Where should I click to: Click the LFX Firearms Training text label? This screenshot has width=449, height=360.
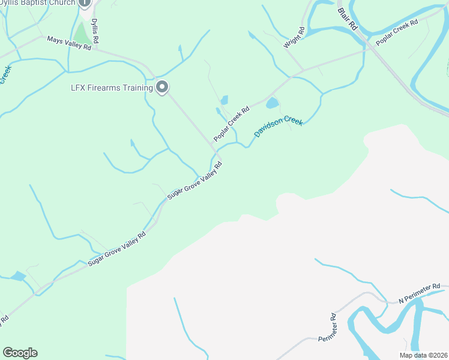point(112,88)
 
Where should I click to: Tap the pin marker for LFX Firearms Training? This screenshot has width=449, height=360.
point(161,88)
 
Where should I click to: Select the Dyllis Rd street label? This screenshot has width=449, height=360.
point(95,30)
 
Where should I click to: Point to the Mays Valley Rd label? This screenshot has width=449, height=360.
point(69,43)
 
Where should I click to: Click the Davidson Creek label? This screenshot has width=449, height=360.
point(279,127)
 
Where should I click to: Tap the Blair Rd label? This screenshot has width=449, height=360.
point(348,19)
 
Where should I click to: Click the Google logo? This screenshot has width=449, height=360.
point(20,353)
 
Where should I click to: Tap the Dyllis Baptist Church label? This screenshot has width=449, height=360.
point(37,3)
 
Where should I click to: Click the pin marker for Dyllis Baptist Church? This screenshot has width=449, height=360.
point(85,2)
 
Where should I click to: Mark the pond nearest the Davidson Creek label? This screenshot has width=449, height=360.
point(272,103)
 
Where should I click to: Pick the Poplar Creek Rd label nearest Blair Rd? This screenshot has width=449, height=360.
point(397,33)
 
